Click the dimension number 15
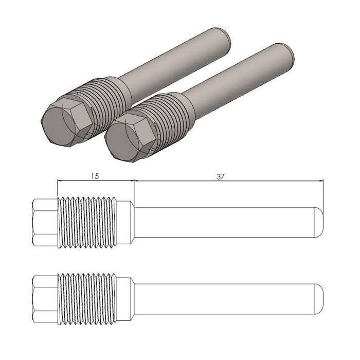click(x=95, y=176)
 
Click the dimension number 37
click(x=221, y=176)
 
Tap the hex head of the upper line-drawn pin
click(x=45, y=223)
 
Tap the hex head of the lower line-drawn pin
click(x=45, y=299)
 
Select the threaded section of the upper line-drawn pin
click(x=87, y=223)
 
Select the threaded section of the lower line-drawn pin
click(x=87, y=299)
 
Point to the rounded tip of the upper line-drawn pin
click(x=319, y=223)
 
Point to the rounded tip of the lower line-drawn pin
click(x=319, y=299)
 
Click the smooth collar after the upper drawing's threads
click(x=125, y=223)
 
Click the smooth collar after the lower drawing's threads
click(x=125, y=299)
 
